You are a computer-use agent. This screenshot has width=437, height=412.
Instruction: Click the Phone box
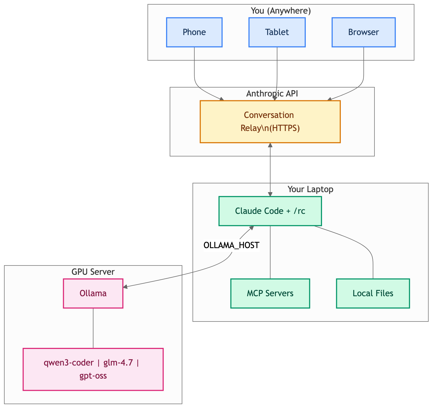(x=194, y=32)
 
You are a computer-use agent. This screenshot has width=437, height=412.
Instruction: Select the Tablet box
(x=277, y=32)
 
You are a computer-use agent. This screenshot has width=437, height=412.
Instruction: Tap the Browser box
(x=363, y=32)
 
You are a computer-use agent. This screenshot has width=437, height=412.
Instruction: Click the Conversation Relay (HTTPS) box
(x=270, y=121)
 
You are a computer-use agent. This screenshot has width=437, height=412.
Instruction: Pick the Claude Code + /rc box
(x=270, y=211)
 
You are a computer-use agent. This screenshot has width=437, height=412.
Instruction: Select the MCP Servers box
(x=270, y=293)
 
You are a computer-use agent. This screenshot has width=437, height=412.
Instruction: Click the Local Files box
(x=373, y=293)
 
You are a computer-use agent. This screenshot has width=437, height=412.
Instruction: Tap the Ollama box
(x=93, y=293)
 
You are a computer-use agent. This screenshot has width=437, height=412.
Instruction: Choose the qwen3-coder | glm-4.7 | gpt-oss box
(x=93, y=369)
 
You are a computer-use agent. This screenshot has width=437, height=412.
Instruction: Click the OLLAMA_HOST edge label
(x=231, y=245)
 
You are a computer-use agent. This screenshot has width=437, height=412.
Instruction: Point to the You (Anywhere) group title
(x=280, y=11)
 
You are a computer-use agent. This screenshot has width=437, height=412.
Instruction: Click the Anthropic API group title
(x=272, y=94)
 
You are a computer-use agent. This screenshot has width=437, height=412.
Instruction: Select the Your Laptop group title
(x=310, y=189)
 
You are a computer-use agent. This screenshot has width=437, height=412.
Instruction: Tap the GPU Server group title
(x=93, y=272)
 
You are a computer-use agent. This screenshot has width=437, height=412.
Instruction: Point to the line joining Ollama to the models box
(x=93, y=328)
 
